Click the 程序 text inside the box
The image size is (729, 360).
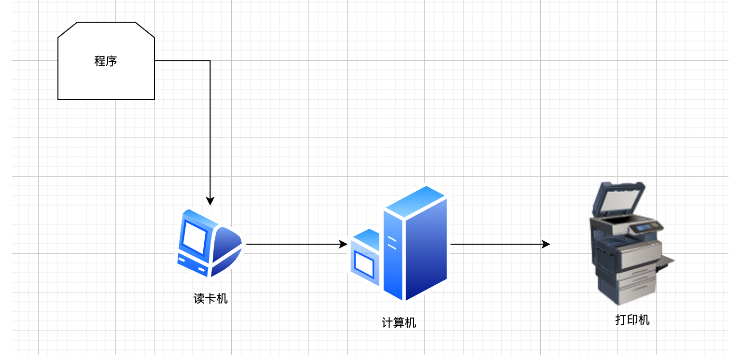[106, 61]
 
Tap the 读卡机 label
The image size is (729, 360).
[210, 299]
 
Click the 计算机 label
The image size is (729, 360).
[399, 323]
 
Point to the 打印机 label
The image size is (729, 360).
[632, 320]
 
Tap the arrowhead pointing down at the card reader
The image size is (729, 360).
[210, 201]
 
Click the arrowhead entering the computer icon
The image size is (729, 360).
[343, 244]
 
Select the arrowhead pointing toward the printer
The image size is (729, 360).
[546, 244]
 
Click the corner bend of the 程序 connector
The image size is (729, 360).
[210, 61]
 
